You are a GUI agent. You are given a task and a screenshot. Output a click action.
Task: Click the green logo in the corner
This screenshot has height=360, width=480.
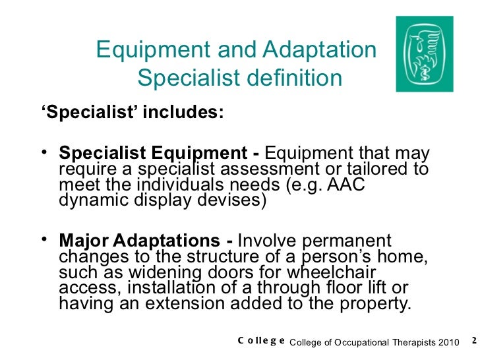pyautogui.click(x=425, y=54)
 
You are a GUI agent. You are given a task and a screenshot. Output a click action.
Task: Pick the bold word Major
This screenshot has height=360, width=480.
pyautogui.click(x=82, y=241)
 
